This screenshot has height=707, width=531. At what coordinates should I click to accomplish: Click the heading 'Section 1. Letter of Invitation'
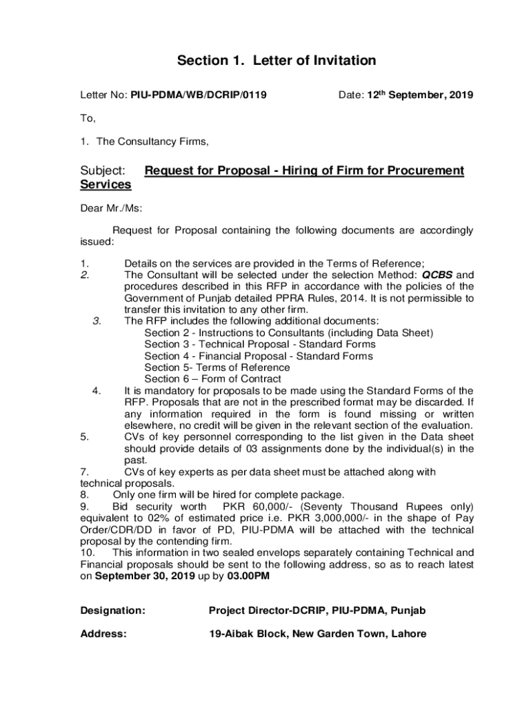click(277, 61)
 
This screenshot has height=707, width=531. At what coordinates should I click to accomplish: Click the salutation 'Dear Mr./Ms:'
click(112, 208)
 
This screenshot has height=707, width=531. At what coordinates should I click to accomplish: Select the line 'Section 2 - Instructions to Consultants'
click(288, 333)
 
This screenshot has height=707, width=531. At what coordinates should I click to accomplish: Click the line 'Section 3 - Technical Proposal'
click(259, 344)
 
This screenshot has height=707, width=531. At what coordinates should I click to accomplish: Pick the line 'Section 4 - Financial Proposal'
click(258, 356)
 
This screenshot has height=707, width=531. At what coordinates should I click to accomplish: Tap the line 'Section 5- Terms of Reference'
click(217, 367)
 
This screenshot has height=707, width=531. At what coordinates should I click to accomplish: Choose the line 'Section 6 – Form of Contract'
click(212, 378)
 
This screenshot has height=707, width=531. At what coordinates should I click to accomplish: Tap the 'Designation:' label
click(113, 610)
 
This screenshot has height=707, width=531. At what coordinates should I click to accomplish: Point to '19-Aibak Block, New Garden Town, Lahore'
click(317, 634)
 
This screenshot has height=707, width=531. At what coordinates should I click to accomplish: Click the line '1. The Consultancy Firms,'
click(144, 142)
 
